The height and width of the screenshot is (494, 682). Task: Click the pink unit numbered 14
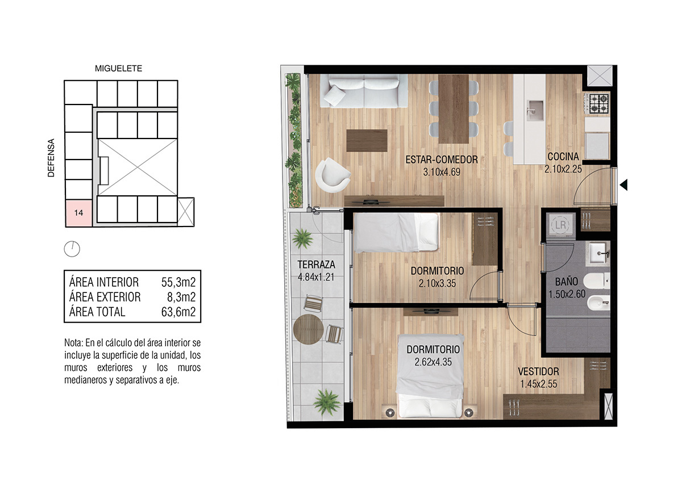(79, 213)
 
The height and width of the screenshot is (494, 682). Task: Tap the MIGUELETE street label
(118, 69)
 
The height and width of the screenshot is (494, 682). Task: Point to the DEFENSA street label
(51, 158)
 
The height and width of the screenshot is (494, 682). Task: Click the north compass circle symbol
(72, 249)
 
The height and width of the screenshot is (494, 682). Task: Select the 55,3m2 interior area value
(178, 282)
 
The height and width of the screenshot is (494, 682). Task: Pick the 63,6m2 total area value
(178, 312)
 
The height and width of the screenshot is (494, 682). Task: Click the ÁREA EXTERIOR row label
(105, 297)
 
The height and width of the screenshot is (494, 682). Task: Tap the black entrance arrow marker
(623, 185)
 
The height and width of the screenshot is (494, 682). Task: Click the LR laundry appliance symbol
(560, 225)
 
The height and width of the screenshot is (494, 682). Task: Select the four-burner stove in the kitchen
(599, 103)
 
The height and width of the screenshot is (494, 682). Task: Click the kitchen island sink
(535, 110)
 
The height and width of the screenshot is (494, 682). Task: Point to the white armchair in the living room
(332, 175)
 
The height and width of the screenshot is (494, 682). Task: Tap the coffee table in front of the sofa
(367, 141)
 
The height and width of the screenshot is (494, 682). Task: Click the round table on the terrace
(308, 329)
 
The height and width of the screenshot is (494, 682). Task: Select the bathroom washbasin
(599, 253)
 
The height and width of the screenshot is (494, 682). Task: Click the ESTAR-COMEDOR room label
(442, 160)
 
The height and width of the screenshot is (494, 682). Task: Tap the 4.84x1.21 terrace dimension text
(316, 277)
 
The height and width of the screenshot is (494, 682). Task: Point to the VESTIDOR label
(538, 371)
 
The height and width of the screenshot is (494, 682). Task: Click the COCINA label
(563, 157)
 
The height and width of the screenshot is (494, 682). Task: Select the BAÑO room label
(566, 282)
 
